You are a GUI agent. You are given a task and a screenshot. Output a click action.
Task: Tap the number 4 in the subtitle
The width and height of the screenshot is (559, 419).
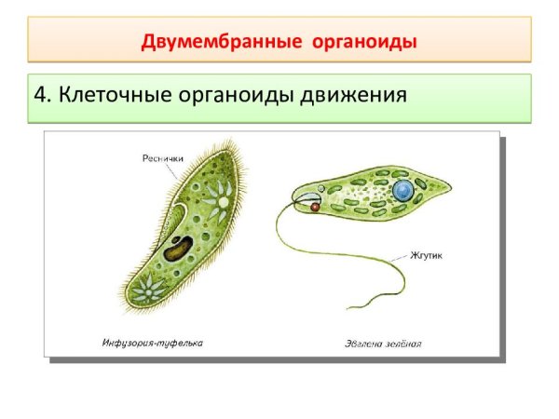(x=41, y=96)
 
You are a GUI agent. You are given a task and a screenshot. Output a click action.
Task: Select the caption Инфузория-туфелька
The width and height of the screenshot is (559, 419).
(x=153, y=343)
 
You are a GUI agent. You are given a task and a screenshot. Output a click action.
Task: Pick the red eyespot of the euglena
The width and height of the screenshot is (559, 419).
(x=315, y=209)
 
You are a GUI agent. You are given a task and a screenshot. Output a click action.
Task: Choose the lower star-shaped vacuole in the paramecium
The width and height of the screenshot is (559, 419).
(x=147, y=288)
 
